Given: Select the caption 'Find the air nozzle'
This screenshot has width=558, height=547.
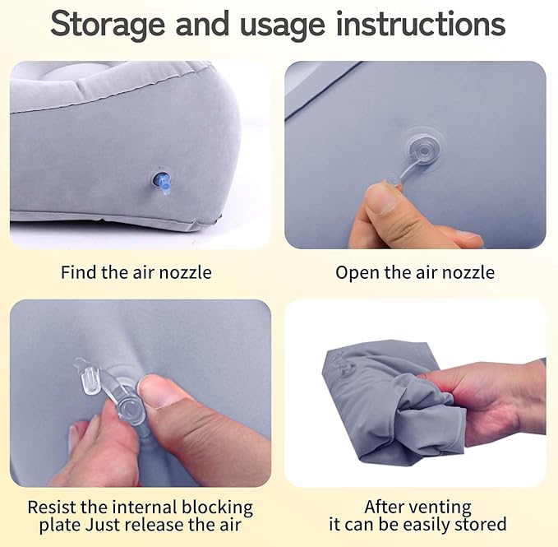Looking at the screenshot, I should pyautogui.click(x=136, y=271).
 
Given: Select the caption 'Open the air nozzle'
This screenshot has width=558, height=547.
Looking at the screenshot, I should pyautogui.click(x=415, y=271).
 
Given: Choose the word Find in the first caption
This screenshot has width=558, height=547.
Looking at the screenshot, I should pyautogui.click(x=78, y=271).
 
